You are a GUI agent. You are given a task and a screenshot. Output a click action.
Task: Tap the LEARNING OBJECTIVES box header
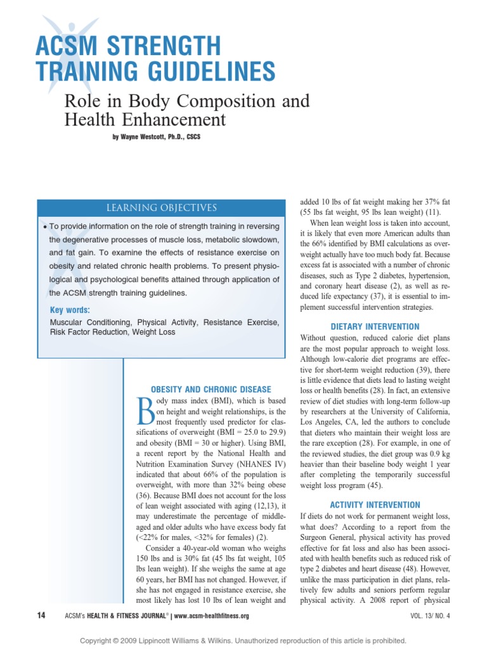pos(164,208)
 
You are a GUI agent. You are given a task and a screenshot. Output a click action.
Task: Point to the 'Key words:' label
pos(70,310)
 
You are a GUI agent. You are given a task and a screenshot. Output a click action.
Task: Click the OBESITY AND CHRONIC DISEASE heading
pos(210,389)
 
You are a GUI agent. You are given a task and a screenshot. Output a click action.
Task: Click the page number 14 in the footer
pos(41,615)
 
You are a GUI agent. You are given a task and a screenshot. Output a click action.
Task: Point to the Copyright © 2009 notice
pos(243,641)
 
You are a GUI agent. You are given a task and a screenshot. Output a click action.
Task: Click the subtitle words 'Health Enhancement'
pos(145,119)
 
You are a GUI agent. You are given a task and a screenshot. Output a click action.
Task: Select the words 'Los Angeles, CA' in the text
pos(330,421)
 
